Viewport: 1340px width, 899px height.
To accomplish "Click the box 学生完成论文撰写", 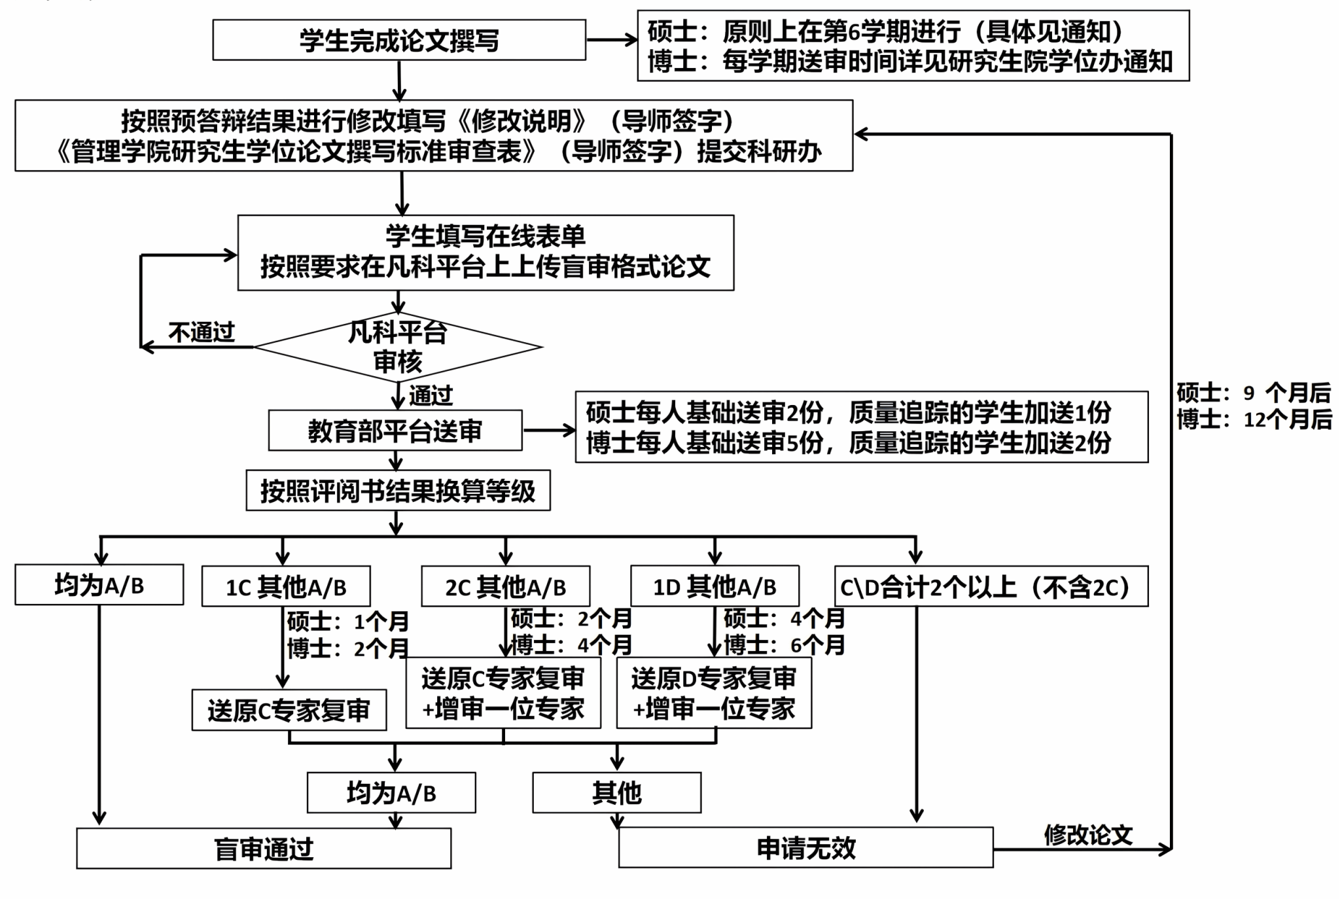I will point(398,40).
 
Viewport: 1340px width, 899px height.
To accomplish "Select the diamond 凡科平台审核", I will point(398,347).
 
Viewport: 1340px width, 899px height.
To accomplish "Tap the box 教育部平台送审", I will point(395,431).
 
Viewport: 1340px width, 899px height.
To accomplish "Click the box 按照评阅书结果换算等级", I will point(398,491).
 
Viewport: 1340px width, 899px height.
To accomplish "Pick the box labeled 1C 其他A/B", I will point(286,587).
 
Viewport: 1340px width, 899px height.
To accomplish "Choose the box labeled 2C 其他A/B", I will point(505,587).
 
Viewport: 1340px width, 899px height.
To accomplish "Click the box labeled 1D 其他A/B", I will point(714,586).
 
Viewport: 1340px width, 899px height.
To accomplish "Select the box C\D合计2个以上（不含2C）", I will point(991,587).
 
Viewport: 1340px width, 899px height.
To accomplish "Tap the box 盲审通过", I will point(264,849).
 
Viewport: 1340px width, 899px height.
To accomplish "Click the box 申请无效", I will point(805,848).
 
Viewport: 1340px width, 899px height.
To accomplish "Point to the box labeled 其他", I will point(616,793).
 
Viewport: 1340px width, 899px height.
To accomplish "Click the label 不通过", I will point(202,332).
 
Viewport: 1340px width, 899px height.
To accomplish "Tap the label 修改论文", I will point(1087,834).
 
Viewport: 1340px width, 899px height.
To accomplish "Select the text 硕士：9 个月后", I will point(1254,393).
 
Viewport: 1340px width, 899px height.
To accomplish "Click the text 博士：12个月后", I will point(1254,419).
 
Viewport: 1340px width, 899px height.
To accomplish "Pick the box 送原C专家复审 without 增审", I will point(289,710).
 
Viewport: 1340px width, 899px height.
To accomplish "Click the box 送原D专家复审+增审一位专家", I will point(714,693).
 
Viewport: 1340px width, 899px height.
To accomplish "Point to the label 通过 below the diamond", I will point(431,395).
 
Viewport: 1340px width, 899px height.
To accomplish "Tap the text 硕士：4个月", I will point(784,618).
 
